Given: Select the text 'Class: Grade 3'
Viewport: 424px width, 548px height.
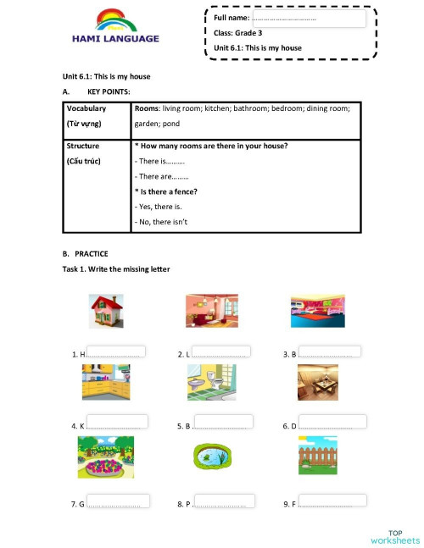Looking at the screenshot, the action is [238, 33].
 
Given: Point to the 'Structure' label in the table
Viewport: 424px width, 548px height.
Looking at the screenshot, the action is [83, 146].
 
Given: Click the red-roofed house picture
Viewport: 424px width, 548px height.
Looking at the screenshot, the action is [106, 311].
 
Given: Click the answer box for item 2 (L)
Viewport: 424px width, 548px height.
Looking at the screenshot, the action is [221, 351].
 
